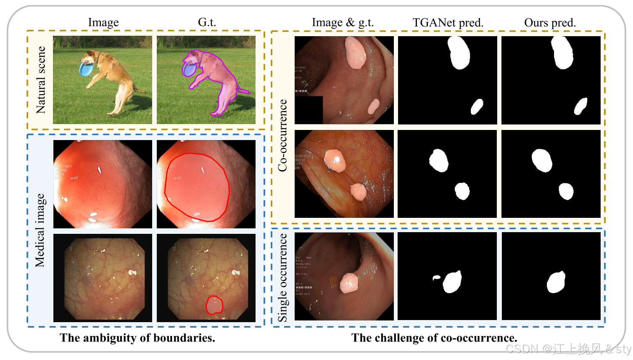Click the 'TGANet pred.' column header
pyautogui.click(x=448, y=23)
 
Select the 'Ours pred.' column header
pyautogui.click(x=550, y=23)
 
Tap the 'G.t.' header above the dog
pyautogui.click(x=207, y=22)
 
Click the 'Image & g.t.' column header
pyautogui.click(x=343, y=23)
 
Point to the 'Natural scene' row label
pyautogui.click(x=41, y=80)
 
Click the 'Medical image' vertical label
pyautogui.click(x=40, y=230)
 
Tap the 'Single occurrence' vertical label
pyautogui.click(x=282, y=278)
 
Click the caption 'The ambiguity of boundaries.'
pyautogui.click(x=137, y=338)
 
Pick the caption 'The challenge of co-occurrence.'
pyautogui.click(x=434, y=338)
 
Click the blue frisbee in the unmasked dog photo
pyautogui.click(x=85, y=69)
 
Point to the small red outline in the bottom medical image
pyautogui.click(x=214, y=305)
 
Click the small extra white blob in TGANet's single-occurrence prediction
pyautogui.click(x=436, y=278)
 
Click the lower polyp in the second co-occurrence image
pyautogui.click(x=359, y=192)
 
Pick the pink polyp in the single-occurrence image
pyautogui.click(x=348, y=283)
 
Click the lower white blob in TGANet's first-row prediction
pyautogui.click(x=477, y=107)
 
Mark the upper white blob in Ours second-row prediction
pyautogui.click(x=541, y=160)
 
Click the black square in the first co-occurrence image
pyautogui.click(x=309, y=110)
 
